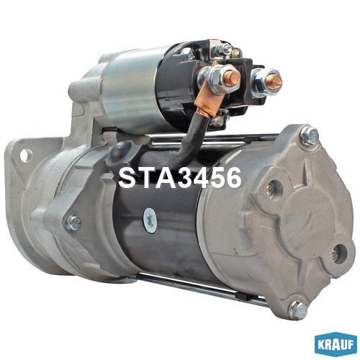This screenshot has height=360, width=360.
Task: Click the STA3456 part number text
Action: pos(180,178)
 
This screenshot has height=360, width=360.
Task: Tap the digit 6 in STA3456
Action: pos(231,178)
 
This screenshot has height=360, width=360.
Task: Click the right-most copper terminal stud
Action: pos(274,80)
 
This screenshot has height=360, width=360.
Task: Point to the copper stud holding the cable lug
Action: pos(233,77)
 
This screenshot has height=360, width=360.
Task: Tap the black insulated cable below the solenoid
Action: pos(189,139)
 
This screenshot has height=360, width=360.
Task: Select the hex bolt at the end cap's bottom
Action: pos(298,310)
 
